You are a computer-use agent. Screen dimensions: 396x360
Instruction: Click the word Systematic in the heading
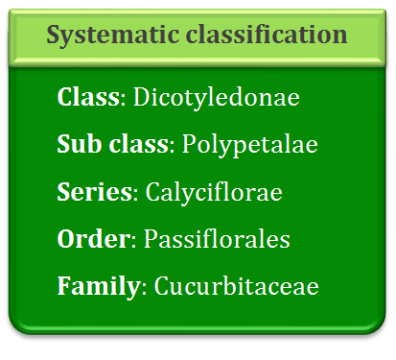(113, 35)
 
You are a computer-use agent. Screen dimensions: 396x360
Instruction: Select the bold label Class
(88, 97)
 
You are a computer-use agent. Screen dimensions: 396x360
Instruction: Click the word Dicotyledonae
(217, 96)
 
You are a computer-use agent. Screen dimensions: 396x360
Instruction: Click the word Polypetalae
(250, 145)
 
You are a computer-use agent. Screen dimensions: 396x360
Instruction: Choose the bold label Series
(95, 191)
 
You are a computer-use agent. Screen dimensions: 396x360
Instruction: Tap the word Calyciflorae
(214, 192)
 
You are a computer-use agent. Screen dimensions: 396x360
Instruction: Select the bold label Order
(94, 239)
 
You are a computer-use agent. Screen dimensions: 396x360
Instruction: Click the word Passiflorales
(217, 239)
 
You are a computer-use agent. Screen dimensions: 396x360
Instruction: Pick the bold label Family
(99, 286)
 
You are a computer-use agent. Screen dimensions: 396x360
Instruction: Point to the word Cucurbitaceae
(237, 285)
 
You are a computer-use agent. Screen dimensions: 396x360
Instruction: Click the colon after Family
(144, 289)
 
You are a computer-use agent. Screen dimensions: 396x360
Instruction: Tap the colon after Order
(134, 242)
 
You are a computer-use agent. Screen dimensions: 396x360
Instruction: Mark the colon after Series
(135, 195)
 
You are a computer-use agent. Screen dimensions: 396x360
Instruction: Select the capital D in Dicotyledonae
(142, 97)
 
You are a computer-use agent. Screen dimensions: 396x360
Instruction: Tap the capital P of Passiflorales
(151, 239)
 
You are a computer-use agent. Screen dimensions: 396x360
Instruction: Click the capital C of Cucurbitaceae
(162, 286)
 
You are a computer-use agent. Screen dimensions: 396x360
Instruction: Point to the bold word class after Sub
(138, 144)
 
